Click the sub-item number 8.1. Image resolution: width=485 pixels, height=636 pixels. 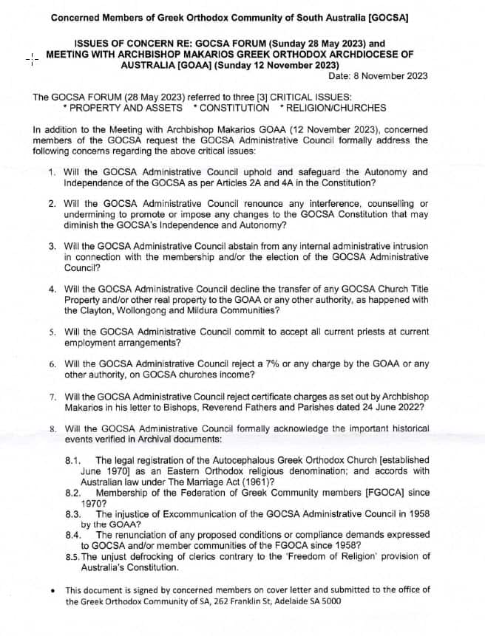(74, 460)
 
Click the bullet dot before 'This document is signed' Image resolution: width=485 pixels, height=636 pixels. (49, 590)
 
